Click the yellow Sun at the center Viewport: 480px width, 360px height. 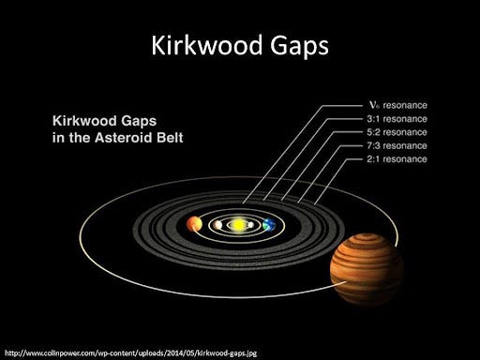(x=238, y=224)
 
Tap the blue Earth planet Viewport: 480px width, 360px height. (x=269, y=224)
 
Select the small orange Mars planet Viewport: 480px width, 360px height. (x=194, y=224)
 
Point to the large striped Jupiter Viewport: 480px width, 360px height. (x=367, y=269)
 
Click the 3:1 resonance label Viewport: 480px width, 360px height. (x=397, y=119)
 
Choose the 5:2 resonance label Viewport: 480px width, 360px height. (x=397, y=132)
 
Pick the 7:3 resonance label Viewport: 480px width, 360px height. (x=397, y=145)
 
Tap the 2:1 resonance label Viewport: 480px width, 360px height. (x=397, y=159)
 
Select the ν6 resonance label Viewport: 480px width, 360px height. (x=397, y=105)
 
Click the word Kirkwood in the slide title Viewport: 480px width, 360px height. (x=206, y=45)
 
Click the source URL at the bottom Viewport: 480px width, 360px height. (x=131, y=353)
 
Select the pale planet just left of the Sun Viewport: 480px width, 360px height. (x=217, y=225)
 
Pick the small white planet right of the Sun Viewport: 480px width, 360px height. (x=250, y=225)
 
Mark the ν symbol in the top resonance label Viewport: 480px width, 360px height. (x=374, y=105)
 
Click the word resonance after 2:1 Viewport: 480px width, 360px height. (x=405, y=159)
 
